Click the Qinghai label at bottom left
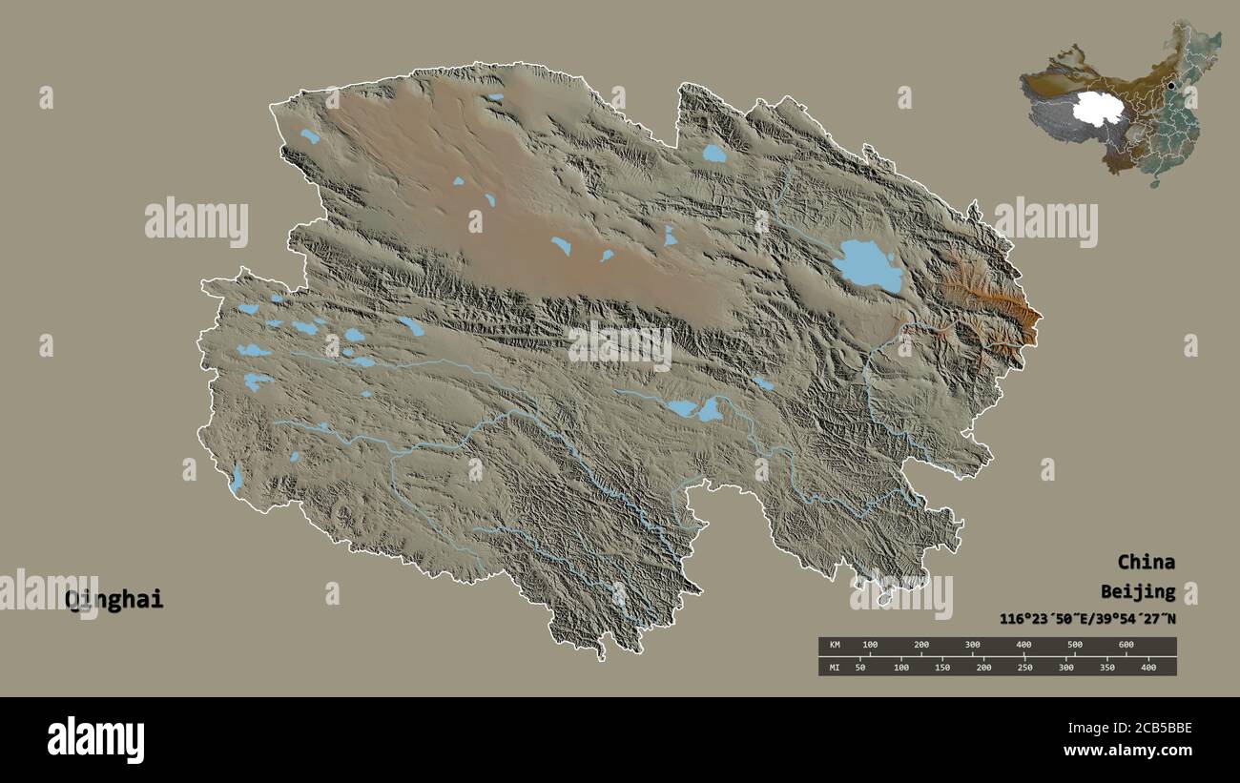point(114,600)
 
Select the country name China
point(1146,562)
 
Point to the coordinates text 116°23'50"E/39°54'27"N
point(1087,619)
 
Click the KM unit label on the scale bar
point(835,646)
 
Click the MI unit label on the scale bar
point(835,667)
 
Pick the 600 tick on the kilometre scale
point(1126,646)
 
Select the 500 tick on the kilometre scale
point(1074,646)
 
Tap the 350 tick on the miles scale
point(1106,667)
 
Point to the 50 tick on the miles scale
point(860,667)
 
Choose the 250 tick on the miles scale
point(1024,667)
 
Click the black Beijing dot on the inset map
point(1171,86)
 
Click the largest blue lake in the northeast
point(866,265)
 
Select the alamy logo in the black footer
point(95,739)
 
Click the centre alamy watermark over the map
point(620,345)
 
